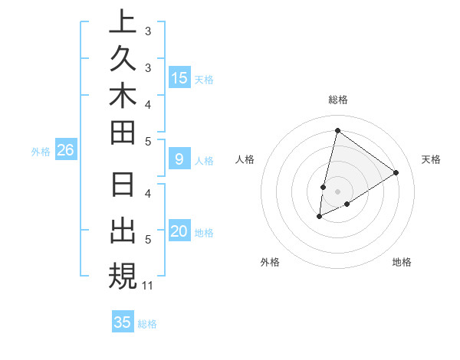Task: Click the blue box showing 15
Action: point(179,77)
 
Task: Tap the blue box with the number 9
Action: point(179,159)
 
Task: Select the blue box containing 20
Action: point(179,232)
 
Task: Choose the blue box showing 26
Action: point(65,151)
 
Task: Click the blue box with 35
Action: point(122,322)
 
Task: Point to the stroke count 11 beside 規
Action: point(148,286)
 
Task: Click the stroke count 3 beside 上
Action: point(148,32)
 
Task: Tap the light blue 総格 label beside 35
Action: point(147,324)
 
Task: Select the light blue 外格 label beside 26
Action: point(41,152)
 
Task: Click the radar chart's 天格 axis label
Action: point(431,159)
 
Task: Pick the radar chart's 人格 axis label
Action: point(245,159)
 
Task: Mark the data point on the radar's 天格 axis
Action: point(396,172)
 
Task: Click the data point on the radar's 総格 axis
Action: point(337,130)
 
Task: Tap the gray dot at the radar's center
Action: point(337,191)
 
